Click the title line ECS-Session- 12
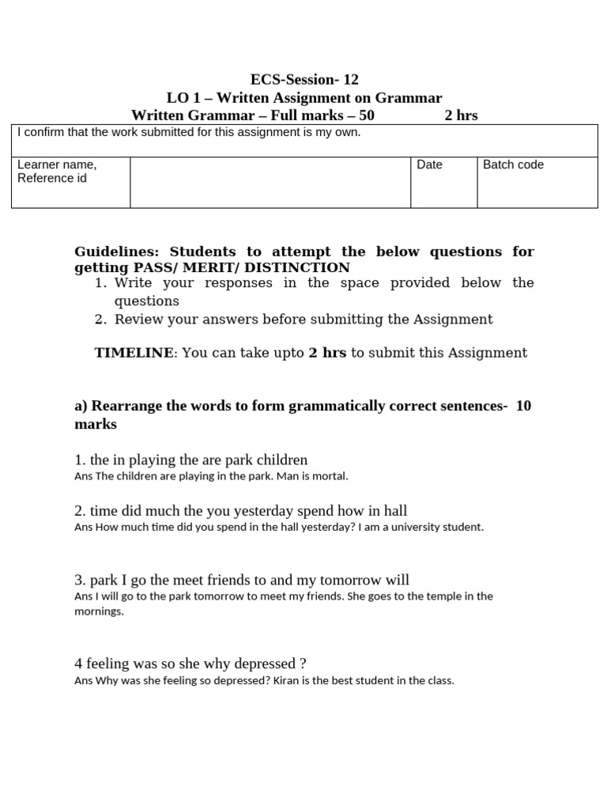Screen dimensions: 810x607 (x=304, y=79)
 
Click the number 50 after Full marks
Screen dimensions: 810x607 (x=366, y=115)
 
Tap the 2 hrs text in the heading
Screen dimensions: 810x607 (x=461, y=115)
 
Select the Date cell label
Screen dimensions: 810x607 (x=429, y=165)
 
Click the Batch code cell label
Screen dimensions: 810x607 (x=513, y=165)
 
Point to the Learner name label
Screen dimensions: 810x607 (x=57, y=165)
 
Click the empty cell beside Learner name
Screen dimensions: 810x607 (x=270, y=182)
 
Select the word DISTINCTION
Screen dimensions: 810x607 (x=300, y=267)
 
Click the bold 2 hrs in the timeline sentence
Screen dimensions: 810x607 (x=327, y=353)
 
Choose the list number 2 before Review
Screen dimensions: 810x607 (x=100, y=320)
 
